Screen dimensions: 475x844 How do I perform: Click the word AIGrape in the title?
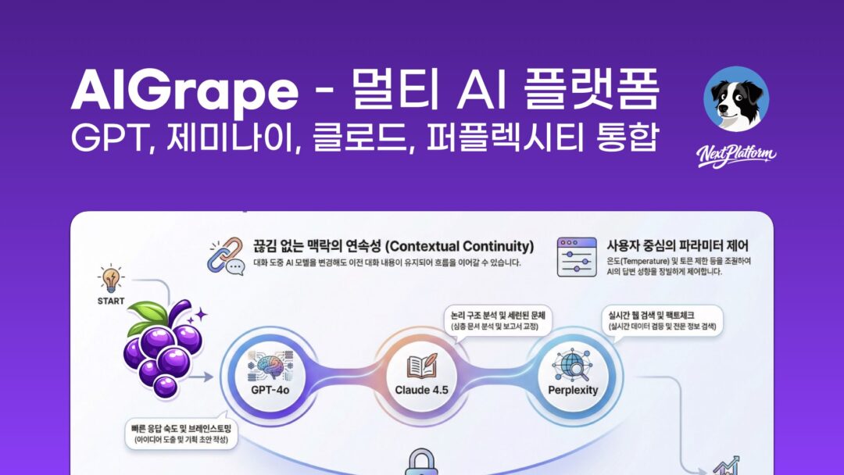(184, 92)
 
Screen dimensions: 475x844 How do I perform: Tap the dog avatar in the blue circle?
(735, 98)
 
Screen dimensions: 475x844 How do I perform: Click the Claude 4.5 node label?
(421, 389)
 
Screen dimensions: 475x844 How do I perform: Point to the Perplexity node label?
(572, 389)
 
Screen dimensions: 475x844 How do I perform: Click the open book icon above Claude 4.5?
(421, 362)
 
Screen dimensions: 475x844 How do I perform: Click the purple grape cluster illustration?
(163, 350)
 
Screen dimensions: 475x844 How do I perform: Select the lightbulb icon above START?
(111, 280)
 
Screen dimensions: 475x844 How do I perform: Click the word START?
(111, 299)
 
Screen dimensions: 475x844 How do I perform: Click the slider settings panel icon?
(577, 257)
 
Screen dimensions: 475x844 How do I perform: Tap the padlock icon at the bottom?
(422, 462)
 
